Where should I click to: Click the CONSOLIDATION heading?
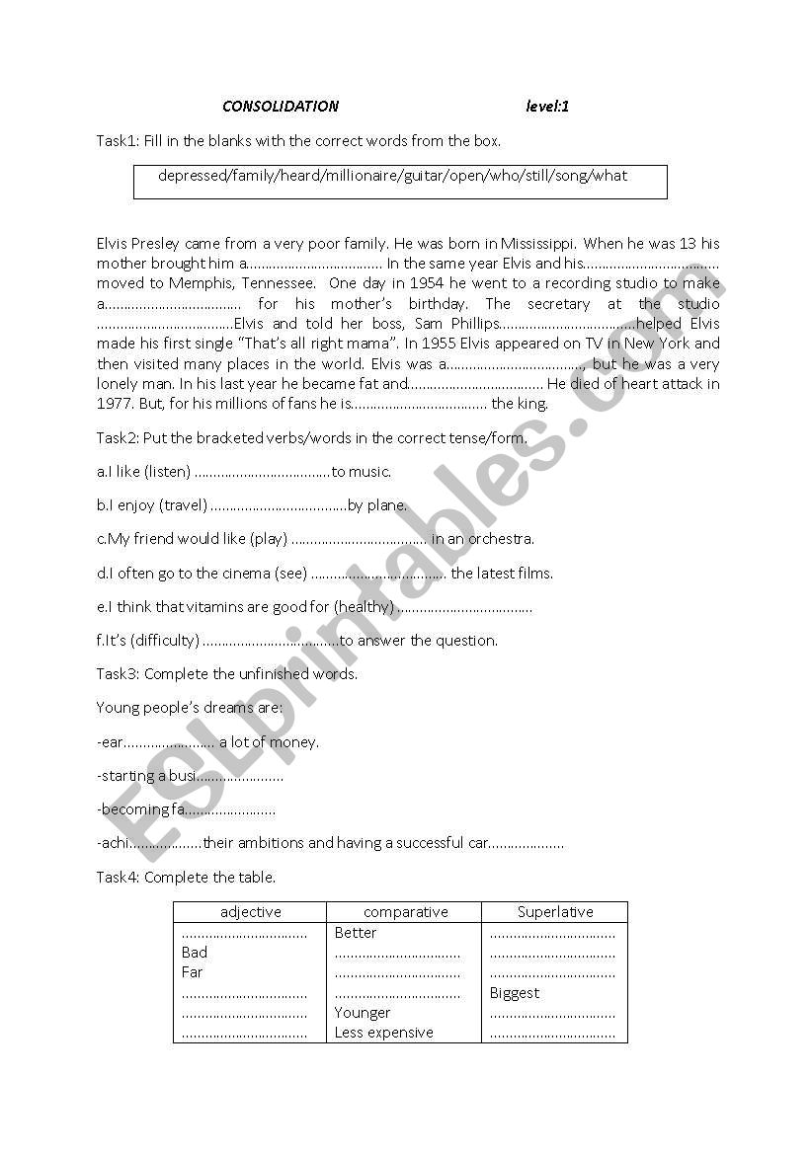coord(280,107)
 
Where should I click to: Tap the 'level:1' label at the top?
coord(547,107)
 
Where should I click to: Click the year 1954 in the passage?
coord(421,283)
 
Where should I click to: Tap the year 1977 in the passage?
coord(113,403)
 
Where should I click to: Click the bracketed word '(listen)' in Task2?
coord(167,472)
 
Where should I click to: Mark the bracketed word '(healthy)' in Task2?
coord(364,607)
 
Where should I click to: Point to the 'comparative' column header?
coord(405,912)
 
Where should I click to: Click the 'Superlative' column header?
coord(555,912)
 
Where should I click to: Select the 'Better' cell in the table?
coord(356,933)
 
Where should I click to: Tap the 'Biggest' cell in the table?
coord(515,993)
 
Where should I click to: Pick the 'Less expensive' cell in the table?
coord(383,1033)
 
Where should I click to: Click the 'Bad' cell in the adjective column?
coord(195,953)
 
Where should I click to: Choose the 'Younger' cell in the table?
coord(363,1013)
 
